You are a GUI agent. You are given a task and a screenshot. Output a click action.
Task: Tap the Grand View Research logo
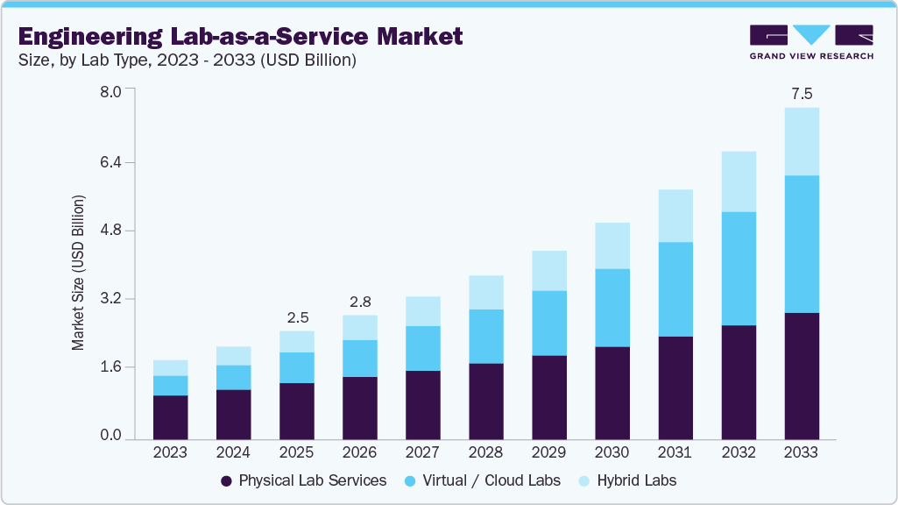tap(811, 41)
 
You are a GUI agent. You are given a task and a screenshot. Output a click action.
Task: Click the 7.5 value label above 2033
tap(801, 94)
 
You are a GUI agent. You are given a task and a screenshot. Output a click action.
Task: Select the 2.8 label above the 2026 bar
tap(359, 302)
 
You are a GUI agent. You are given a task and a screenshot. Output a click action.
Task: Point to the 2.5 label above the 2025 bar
tap(297, 317)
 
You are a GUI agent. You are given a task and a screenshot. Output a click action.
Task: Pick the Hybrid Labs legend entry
tap(627, 480)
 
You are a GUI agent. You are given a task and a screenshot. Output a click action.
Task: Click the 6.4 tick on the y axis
tap(111, 162)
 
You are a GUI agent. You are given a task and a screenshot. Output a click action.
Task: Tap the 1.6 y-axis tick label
tap(111, 366)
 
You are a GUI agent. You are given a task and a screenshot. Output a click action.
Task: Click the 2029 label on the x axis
tap(548, 452)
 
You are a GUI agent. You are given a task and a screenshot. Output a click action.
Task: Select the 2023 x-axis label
tap(170, 452)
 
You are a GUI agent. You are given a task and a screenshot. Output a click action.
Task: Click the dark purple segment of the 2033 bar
tap(801, 375)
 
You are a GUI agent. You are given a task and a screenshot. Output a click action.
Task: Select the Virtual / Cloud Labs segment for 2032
tap(738, 268)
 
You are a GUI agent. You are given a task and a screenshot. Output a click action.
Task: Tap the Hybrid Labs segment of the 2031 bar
tap(675, 216)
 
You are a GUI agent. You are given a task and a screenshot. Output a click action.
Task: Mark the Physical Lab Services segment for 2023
tap(170, 417)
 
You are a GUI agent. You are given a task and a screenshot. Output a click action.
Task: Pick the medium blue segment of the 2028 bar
tap(485, 336)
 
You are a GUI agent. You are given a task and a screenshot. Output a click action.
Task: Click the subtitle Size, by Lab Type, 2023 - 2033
tap(187, 60)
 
